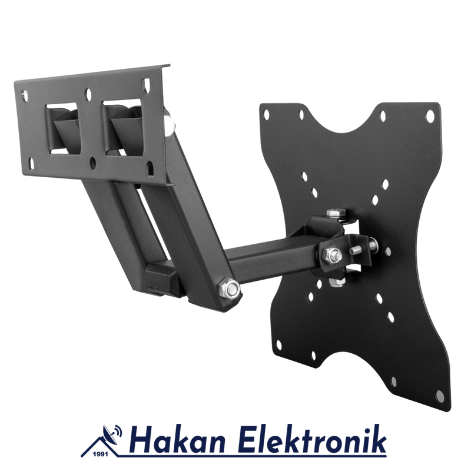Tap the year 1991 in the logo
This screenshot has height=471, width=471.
[x=101, y=455]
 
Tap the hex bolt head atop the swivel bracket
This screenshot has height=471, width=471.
[x=335, y=213]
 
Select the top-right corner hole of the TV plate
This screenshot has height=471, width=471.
[x=430, y=115]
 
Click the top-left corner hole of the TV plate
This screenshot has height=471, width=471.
[x=266, y=114]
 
